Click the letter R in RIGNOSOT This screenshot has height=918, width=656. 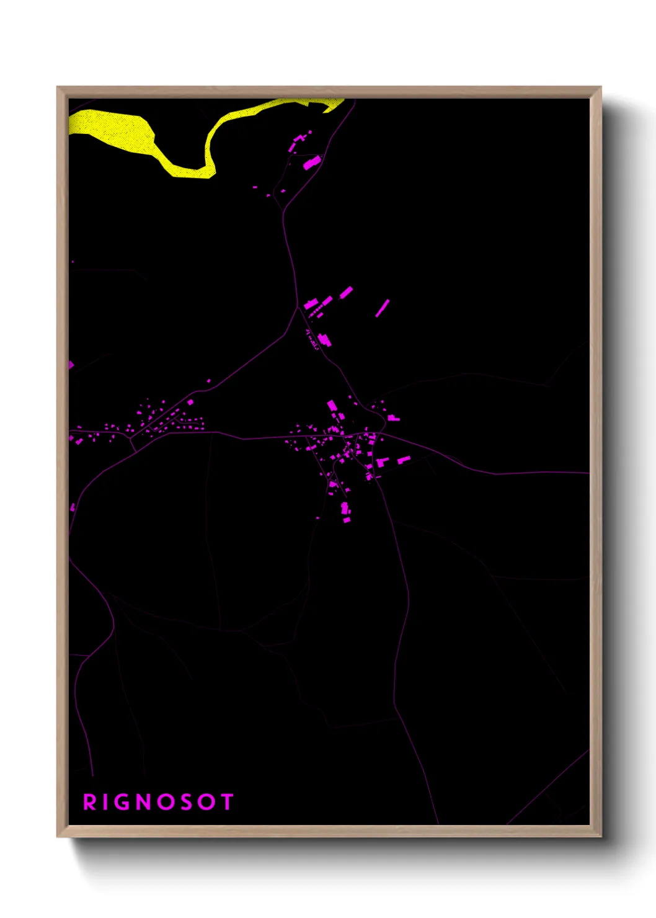click(90, 802)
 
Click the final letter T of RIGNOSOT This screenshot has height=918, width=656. click(226, 802)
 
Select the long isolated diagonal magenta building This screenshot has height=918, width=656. click(382, 308)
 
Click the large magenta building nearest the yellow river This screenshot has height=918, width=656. click(311, 163)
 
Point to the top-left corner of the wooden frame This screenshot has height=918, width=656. click(58, 87)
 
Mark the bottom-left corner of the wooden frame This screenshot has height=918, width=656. click(58, 836)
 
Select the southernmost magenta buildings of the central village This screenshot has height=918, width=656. click(345, 512)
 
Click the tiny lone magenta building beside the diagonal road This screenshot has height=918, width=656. click(208, 381)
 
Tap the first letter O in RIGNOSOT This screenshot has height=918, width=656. click(166, 802)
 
